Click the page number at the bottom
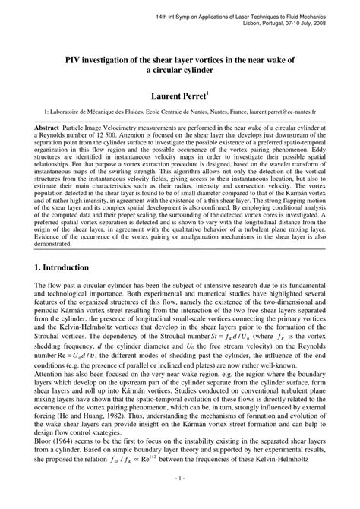pyautogui.click(x=180, y=499)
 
